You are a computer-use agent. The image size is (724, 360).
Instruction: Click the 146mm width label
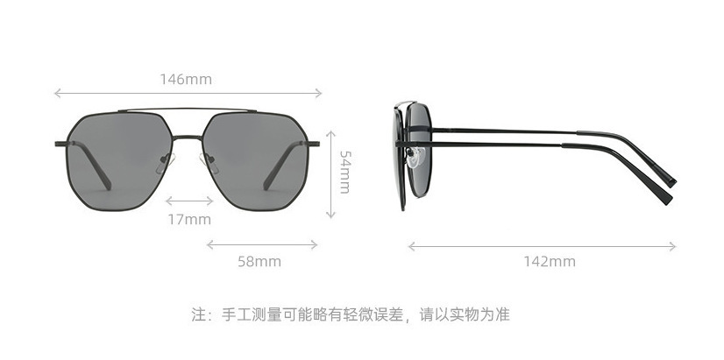(186, 80)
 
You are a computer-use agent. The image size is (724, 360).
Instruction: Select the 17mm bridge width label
(189, 219)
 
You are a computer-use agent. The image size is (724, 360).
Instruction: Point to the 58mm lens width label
(259, 261)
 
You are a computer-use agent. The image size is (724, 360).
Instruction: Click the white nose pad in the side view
(418, 159)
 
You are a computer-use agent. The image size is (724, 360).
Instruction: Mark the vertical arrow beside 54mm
(330, 173)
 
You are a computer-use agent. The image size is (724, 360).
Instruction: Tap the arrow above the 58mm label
(259, 244)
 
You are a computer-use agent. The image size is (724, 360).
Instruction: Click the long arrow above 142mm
(542, 246)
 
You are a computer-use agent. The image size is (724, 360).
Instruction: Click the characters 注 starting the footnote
(199, 314)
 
